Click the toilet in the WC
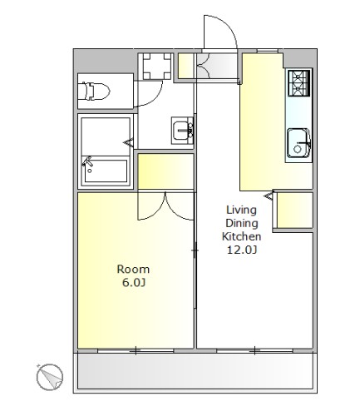pos(94,91)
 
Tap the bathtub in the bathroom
pos(106,171)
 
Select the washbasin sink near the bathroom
pos(182,131)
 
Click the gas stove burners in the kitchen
pos(298,83)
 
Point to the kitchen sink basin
pos(298,143)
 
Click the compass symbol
pos(50,377)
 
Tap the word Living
pos(241,210)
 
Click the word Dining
pos(242,223)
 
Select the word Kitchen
pos(241,236)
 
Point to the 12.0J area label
pos(242,250)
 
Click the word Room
pos(133,270)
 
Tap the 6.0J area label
pos(134,283)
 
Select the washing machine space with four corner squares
pos(157,67)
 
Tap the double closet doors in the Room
pos(165,206)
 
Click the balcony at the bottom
pos(195,372)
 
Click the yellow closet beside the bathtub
pos(165,171)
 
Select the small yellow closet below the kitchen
pos(295,210)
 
